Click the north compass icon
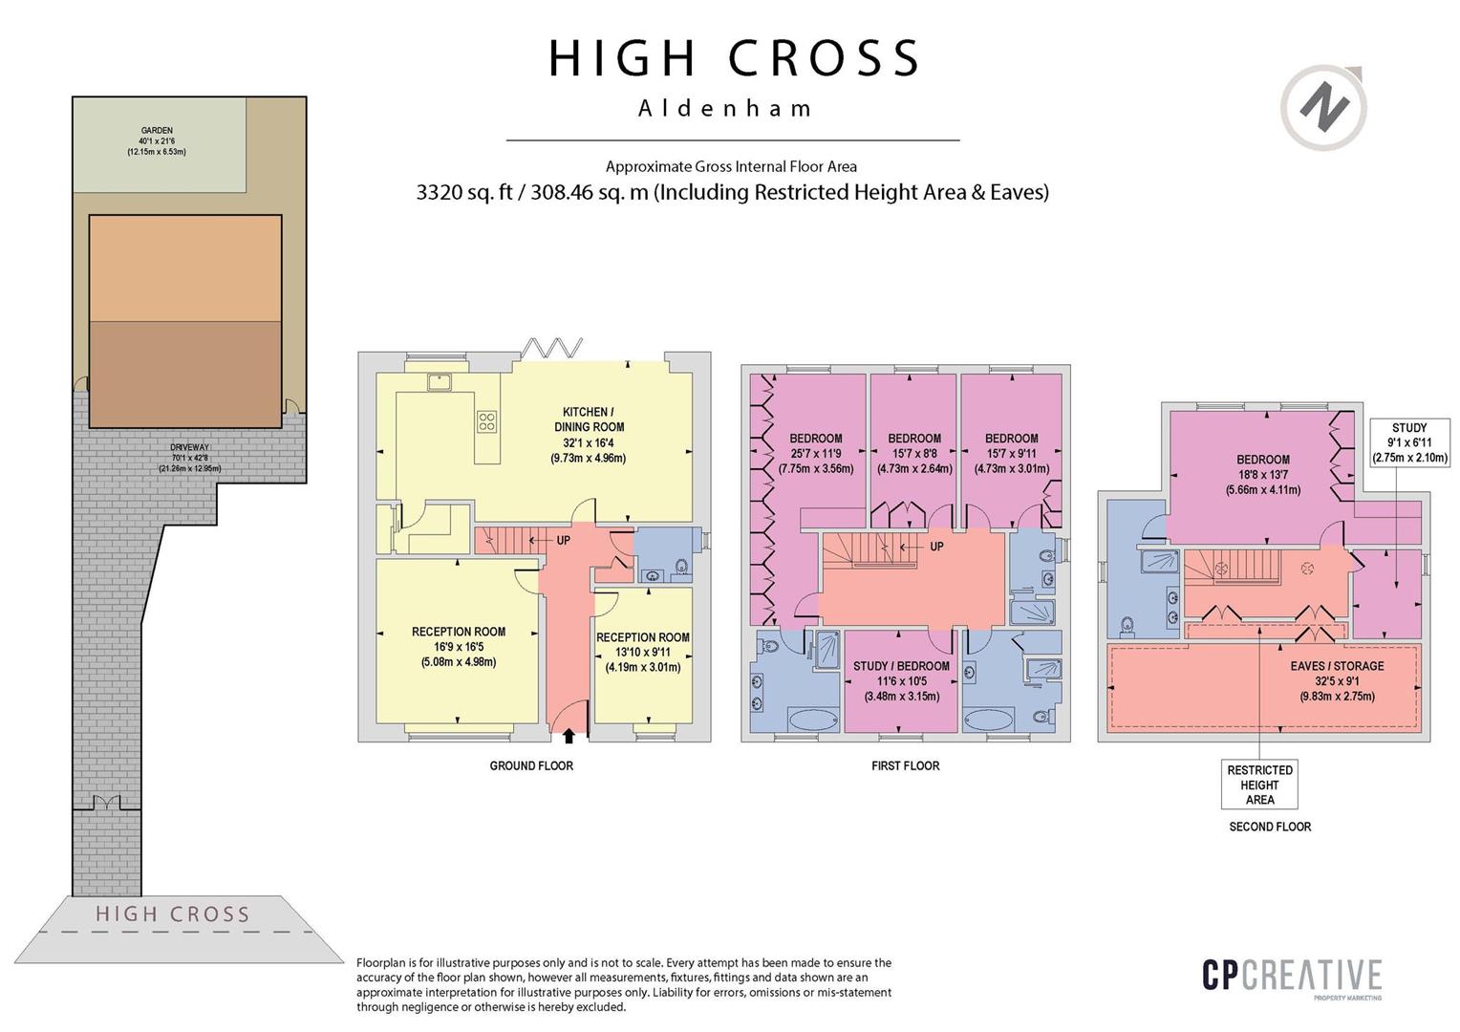(x=1323, y=108)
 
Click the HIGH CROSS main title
(x=734, y=58)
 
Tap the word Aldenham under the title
(x=725, y=108)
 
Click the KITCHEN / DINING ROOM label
(x=590, y=435)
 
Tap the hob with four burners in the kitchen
(x=487, y=421)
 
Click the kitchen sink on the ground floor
(x=440, y=382)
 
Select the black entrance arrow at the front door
(x=569, y=736)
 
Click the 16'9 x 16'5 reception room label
(x=459, y=647)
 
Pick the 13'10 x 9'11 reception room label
(x=643, y=652)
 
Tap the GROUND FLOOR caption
(x=531, y=766)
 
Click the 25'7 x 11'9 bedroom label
(x=815, y=454)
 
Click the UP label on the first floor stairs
(x=936, y=547)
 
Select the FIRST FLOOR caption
(x=905, y=766)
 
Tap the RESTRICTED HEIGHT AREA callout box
(x=1259, y=785)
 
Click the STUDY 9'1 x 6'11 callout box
(x=1409, y=442)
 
